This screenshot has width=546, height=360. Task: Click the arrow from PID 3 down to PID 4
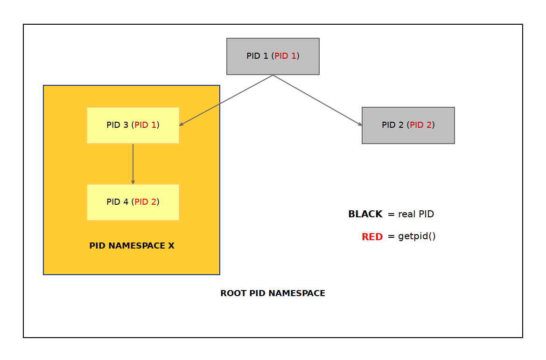point(133,163)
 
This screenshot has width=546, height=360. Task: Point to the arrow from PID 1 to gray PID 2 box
point(317,100)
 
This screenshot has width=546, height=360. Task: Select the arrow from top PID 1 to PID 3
point(226,100)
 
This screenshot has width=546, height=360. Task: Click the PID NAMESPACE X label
point(132,246)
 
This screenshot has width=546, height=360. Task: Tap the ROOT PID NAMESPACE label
point(273,293)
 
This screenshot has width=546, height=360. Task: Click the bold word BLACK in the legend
point(365,215)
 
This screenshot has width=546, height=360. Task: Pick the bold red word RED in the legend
point(372,237)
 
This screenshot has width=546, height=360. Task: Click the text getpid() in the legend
point(417,236)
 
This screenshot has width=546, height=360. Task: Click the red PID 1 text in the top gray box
point(285,56)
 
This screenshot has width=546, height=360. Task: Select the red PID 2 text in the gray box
point(420,125)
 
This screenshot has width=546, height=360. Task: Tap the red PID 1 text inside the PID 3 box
point(145,125)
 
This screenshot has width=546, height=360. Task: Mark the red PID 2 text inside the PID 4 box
point(145,202)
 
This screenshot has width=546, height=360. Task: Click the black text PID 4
point(117,202)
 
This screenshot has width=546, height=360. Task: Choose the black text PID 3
point(117,125)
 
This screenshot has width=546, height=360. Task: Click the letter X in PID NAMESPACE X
point(171,246)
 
